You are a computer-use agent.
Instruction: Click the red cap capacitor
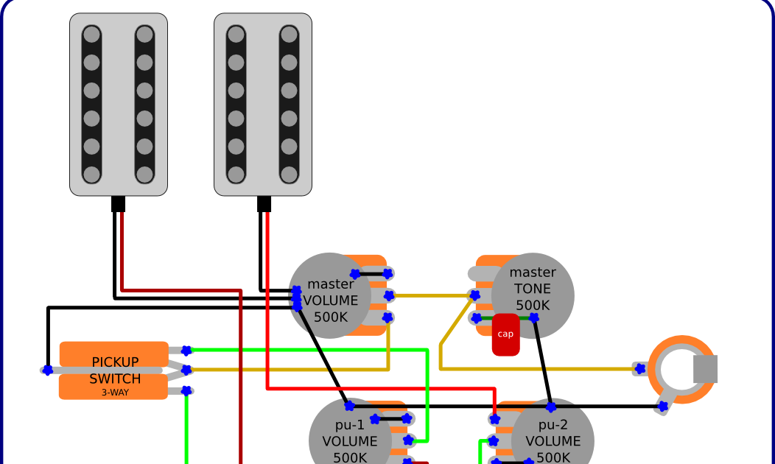pyautogui.click(x=505, y=335)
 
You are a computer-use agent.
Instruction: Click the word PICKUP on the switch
pyautogui.click(x=115, y=362)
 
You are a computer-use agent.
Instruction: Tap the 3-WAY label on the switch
pyautogui.click(x=115, y=393)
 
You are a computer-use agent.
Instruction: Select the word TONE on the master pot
pyautogui.click(x=533, y=289)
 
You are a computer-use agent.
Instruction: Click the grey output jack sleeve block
pyautogui.click(x=705, y=369)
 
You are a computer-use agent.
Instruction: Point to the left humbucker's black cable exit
pyautogui.click(x=119, y=203)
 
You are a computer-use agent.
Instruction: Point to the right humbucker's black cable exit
pyautogui.click(x=264, y=203)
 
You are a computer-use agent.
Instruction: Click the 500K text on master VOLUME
pyautogui.click(x=331, y=317)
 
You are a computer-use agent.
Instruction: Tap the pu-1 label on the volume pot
pyautogui.click(x=350, y=425)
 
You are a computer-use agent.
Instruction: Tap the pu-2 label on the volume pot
pyautogui.click(x=553, y=425)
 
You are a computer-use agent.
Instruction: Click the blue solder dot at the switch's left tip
pyautogui.click(x=48, y=370)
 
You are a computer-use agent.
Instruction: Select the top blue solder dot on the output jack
pyautogui.click(x=639, y=368)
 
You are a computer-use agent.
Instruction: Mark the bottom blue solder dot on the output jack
pyautogui.click(x=663, y=406)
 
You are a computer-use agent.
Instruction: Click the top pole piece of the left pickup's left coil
pyautogui.click(x=91, y=35)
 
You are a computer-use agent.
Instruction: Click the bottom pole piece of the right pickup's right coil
pyautogui.click(x=289, y=175)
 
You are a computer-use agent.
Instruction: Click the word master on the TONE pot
pyautogui.click(x=533, y=273)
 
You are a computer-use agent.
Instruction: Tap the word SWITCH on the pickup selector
pyautogui.click(x=115, y=379)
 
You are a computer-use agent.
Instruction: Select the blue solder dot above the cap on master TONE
pyautogui.click(x=533, y=318)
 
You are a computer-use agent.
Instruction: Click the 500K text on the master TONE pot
pyautogui.click(x=533, y=305)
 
